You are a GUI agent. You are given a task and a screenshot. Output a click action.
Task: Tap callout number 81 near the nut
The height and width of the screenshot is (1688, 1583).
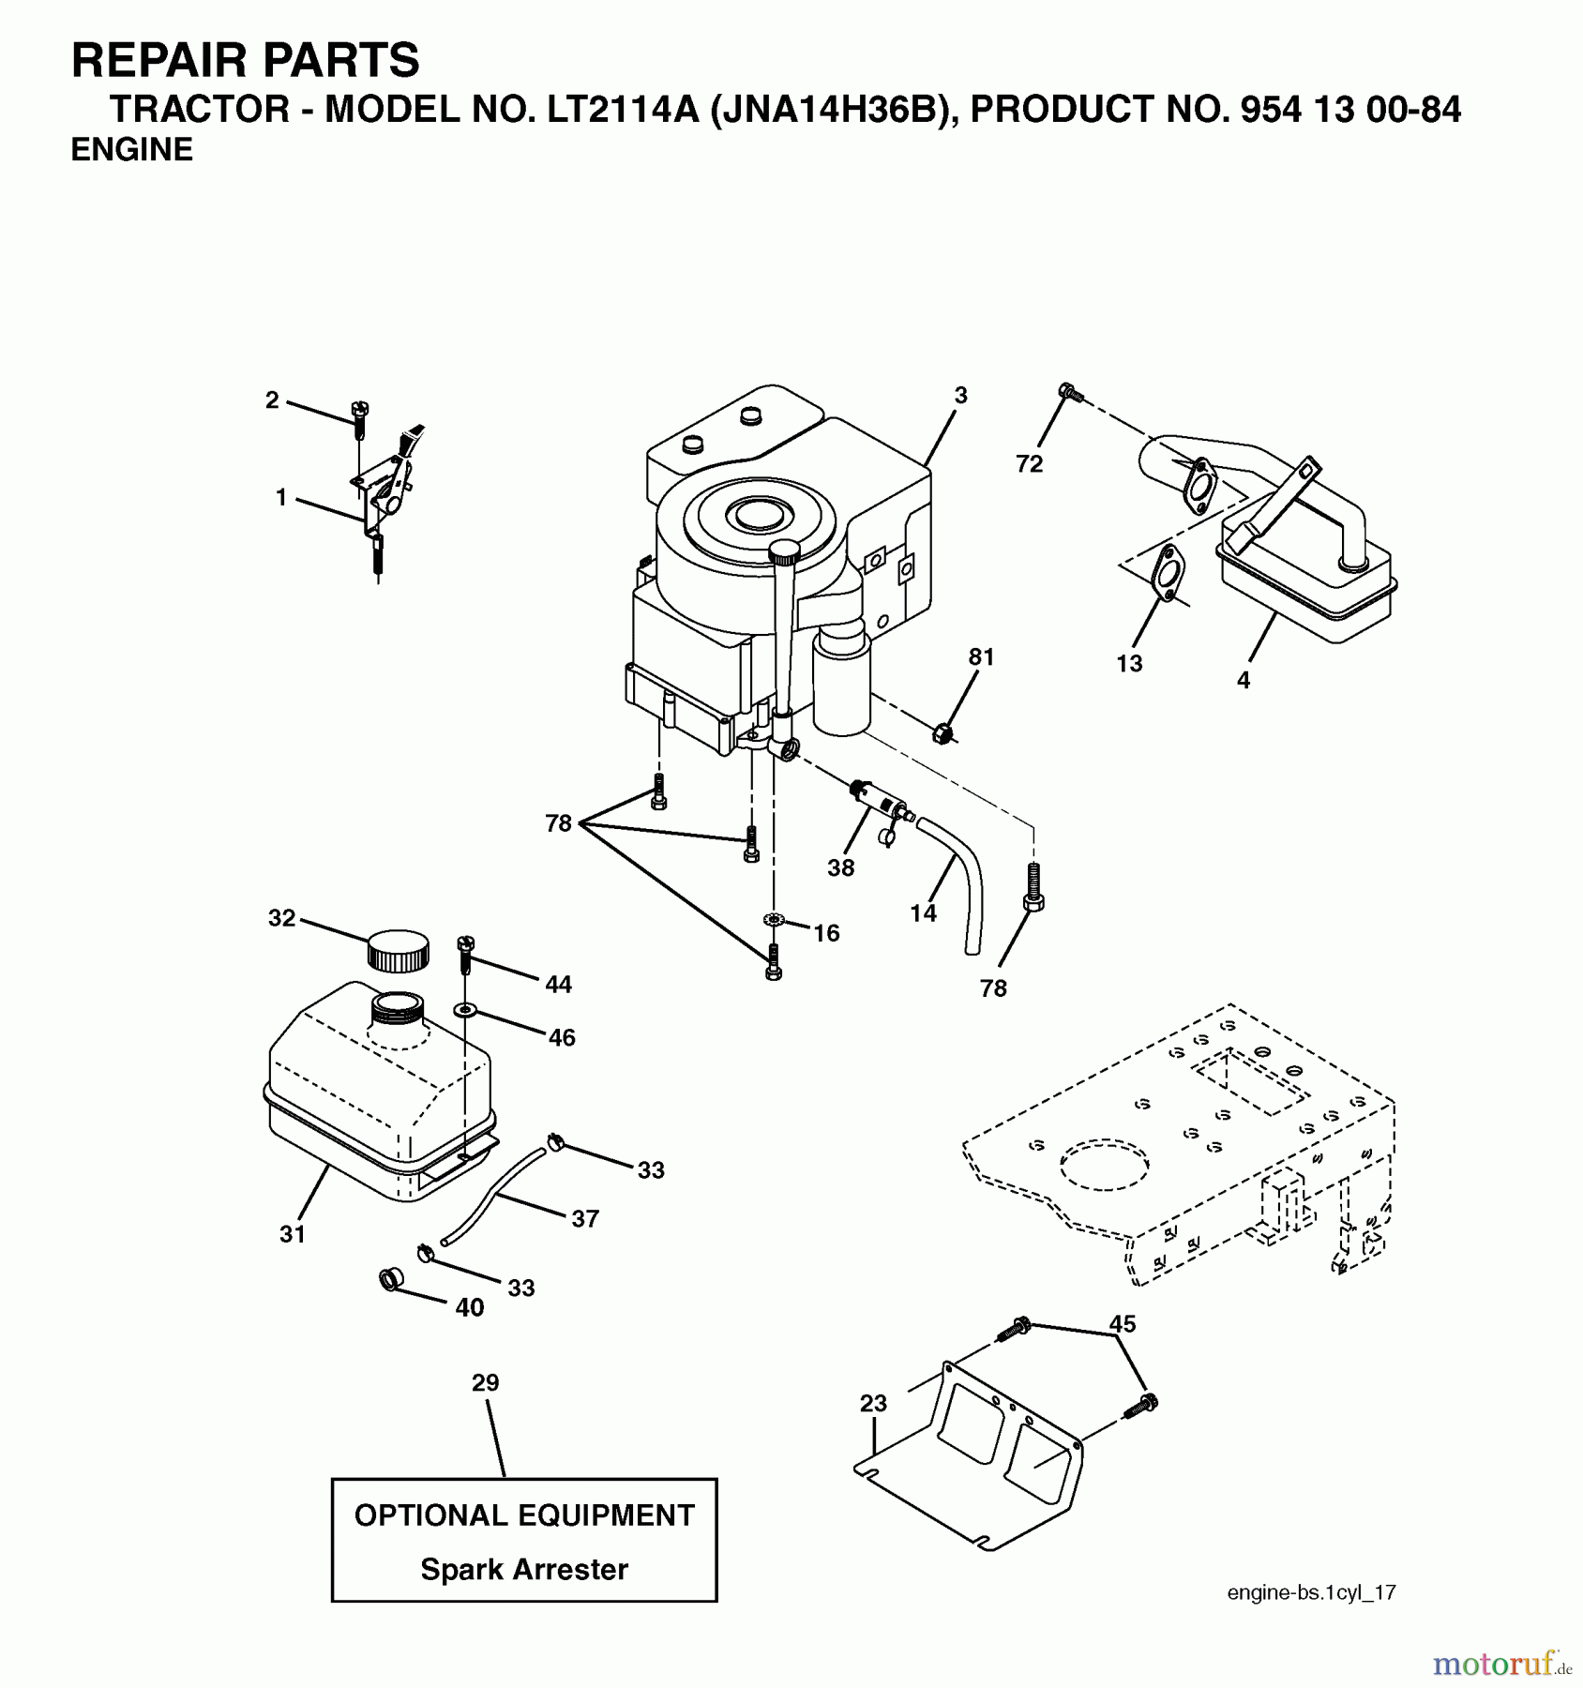coord(981,657)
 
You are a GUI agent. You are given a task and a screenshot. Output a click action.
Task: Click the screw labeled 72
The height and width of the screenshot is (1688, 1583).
coord(1067,393)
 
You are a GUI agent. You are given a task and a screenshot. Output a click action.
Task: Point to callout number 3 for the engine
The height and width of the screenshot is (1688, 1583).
coord(960,396)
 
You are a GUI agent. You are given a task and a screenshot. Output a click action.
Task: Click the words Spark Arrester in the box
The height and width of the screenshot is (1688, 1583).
coord(523,1569)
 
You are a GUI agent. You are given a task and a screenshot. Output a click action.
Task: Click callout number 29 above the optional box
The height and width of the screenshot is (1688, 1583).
coord(486,1382)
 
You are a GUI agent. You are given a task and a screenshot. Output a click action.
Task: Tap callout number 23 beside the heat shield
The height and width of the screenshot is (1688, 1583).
coord(873,1404)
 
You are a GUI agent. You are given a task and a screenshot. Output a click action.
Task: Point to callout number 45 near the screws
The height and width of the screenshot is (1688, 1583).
coord(1122,1323)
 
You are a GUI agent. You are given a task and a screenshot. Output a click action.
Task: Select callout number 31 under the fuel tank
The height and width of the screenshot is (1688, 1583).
coord(293,1235)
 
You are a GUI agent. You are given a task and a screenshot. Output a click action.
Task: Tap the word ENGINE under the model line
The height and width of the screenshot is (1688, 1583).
coord(132,150)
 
